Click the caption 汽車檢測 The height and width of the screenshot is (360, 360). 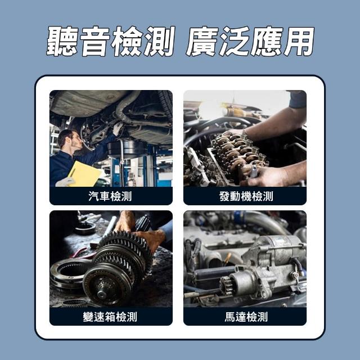(110, 196)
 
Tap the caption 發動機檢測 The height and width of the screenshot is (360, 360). (246, 196)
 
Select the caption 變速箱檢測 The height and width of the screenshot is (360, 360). (110, 317)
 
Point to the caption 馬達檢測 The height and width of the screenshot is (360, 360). (246, 317)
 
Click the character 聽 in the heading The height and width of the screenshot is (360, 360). (62, 41)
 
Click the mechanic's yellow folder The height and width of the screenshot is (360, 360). (84, 174)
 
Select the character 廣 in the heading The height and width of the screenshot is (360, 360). (202, 41)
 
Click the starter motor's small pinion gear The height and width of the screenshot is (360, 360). (226, 284)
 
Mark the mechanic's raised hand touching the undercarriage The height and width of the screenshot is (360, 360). (118, 128)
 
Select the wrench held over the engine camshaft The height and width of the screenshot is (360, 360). (254, 172)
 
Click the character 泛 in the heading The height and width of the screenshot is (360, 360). (234, 41)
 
